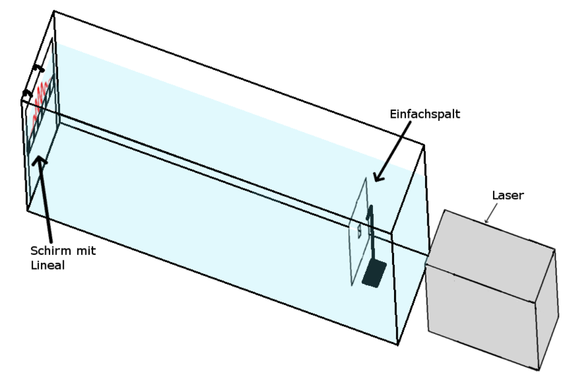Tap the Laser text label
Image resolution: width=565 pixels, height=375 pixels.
pos(507,196)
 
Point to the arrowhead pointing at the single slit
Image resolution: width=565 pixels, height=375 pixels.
pos(376,179)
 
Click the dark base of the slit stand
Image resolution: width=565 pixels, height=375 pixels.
pos(373,273)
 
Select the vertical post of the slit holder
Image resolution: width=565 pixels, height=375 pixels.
pos(370,233)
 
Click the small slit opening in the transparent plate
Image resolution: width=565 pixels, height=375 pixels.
pos(359,230)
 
